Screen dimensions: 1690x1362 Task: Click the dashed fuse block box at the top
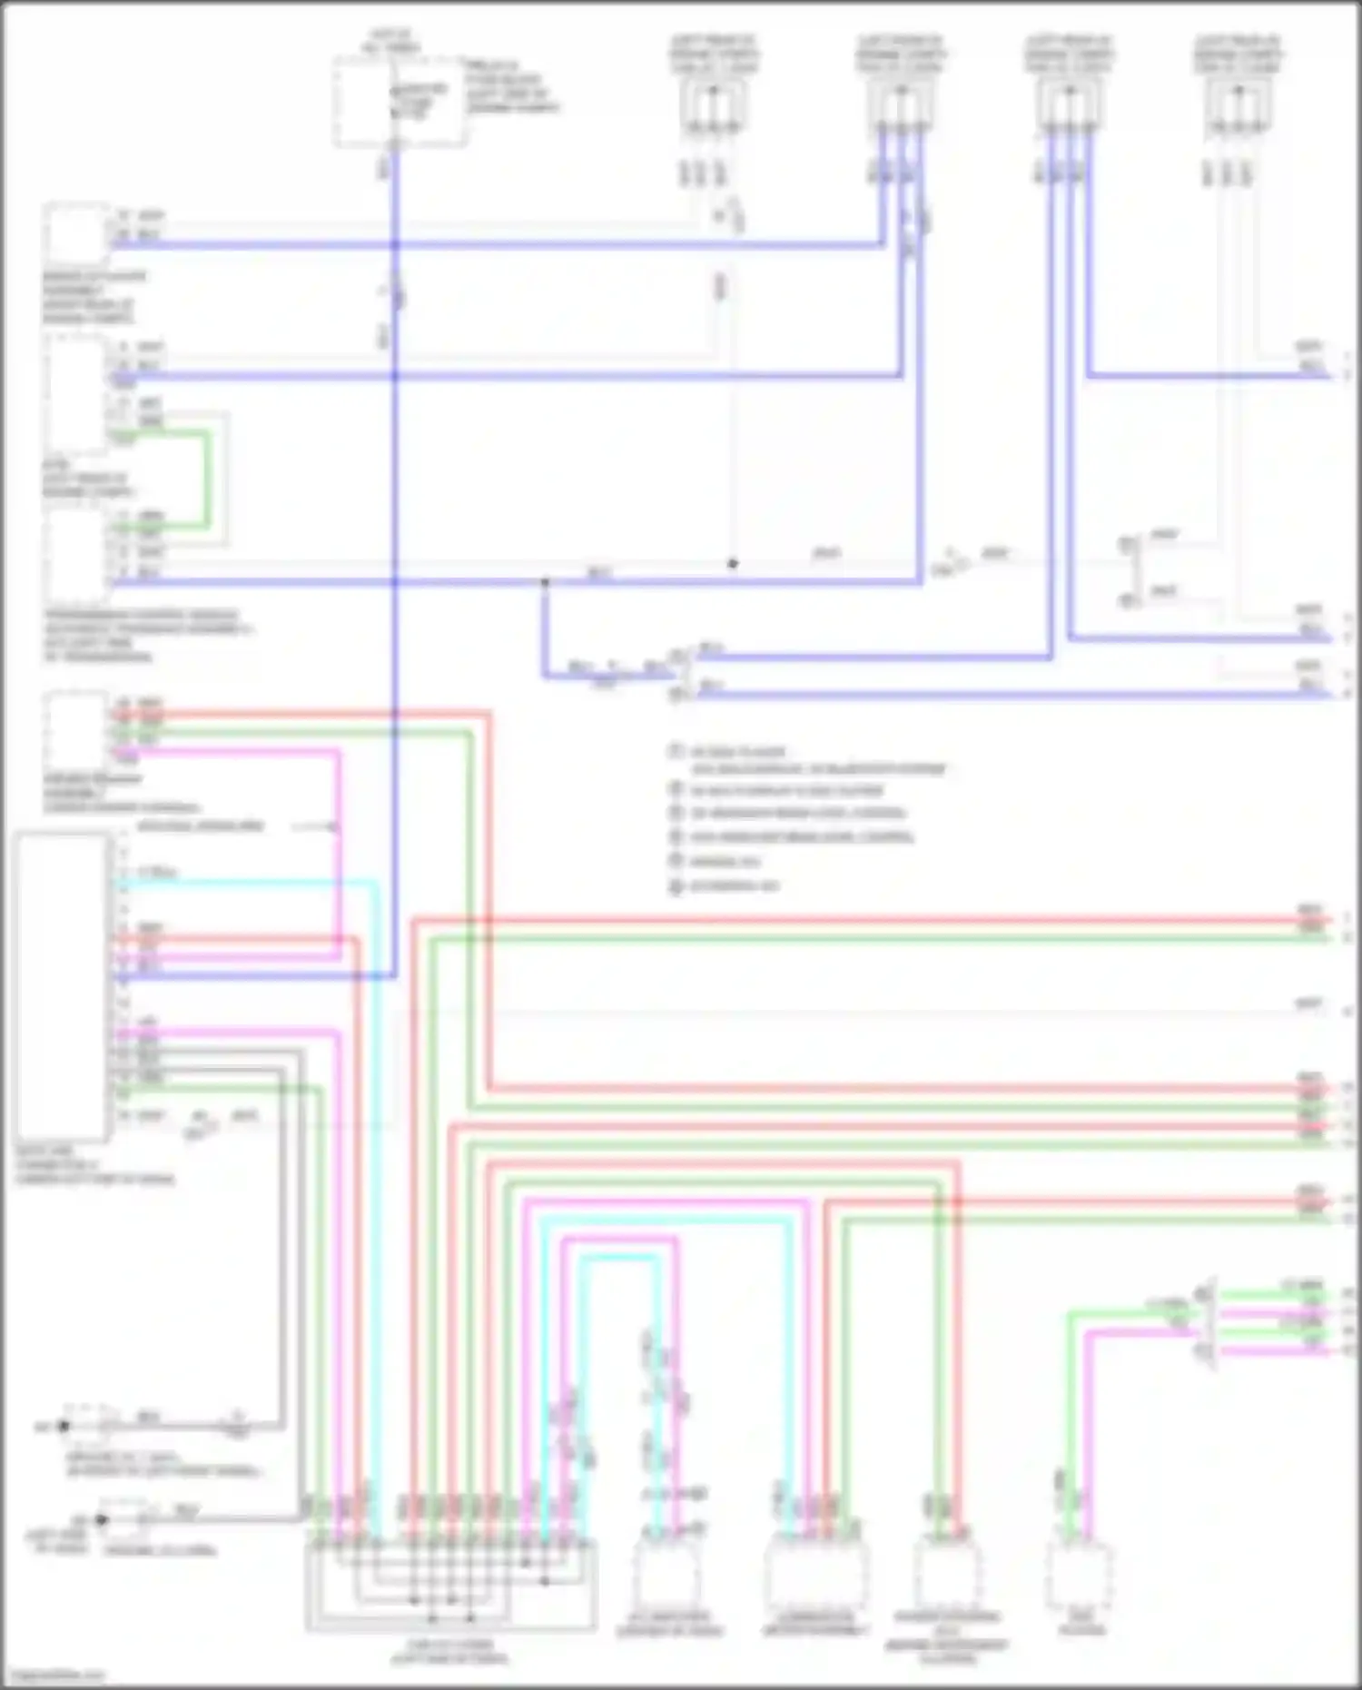400,102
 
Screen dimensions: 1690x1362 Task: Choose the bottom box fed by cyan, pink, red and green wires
814,1572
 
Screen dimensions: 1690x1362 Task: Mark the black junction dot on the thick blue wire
545,582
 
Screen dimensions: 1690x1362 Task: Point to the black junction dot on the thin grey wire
733,564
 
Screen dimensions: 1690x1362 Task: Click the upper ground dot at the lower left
64,1427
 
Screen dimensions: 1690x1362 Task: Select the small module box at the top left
76,232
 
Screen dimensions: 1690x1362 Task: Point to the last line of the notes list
726,886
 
